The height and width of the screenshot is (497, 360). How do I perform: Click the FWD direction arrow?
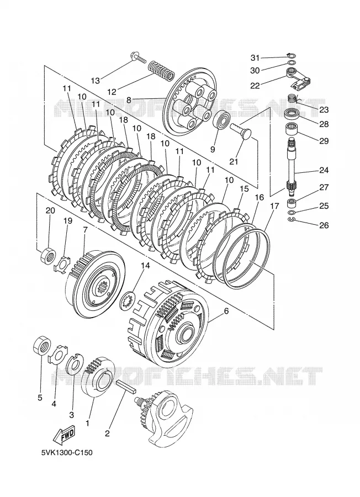click(x=64, y=434)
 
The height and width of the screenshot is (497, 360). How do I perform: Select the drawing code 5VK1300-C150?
click(x=67, y=452)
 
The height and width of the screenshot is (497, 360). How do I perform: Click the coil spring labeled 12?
click(x=162, y=71)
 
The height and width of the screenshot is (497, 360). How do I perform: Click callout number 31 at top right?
click(x=255, y=57)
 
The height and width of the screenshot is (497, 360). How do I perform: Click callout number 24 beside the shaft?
click(x=324, y=170)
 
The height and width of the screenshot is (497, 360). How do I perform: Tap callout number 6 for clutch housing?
click(x=226, y=311)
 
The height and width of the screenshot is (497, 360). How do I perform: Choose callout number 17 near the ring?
click(x=274, y=206)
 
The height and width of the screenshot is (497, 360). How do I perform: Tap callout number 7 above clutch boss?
click(x=84, y=229)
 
